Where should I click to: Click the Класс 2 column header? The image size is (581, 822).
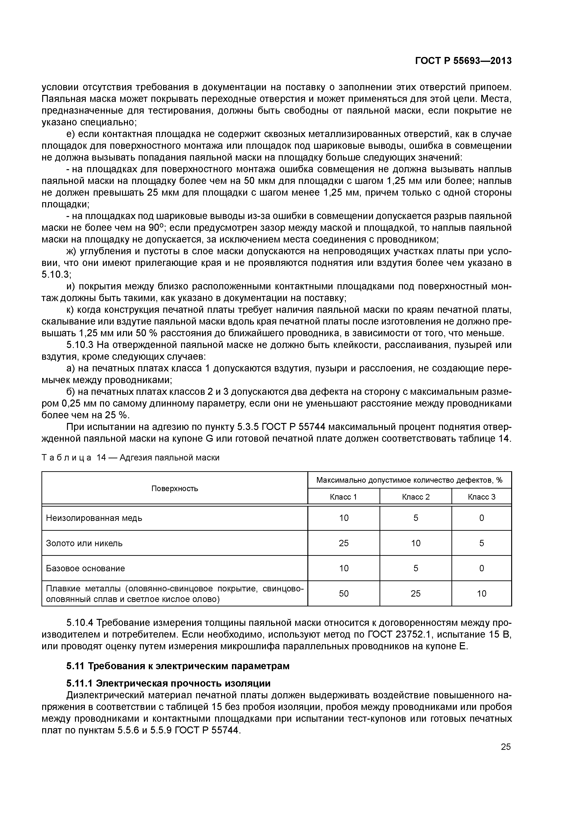416,497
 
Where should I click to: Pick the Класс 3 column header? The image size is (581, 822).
481,497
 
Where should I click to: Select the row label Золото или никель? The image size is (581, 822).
85,543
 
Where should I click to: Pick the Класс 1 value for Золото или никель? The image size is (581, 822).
344,543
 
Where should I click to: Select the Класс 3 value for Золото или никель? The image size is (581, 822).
481,543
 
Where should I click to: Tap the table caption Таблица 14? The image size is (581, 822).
130,458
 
